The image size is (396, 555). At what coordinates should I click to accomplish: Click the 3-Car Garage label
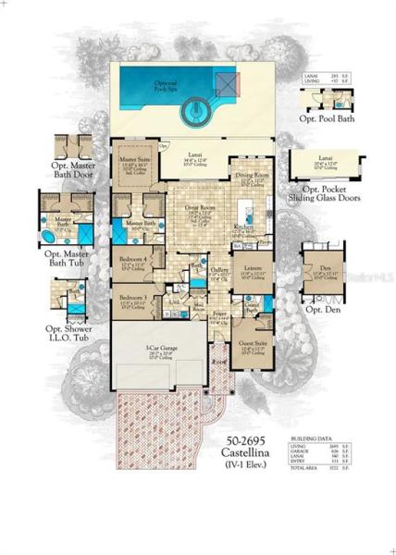159,351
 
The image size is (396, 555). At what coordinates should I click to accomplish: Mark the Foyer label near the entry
220,314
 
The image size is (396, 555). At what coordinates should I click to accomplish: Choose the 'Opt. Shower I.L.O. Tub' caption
69,331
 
